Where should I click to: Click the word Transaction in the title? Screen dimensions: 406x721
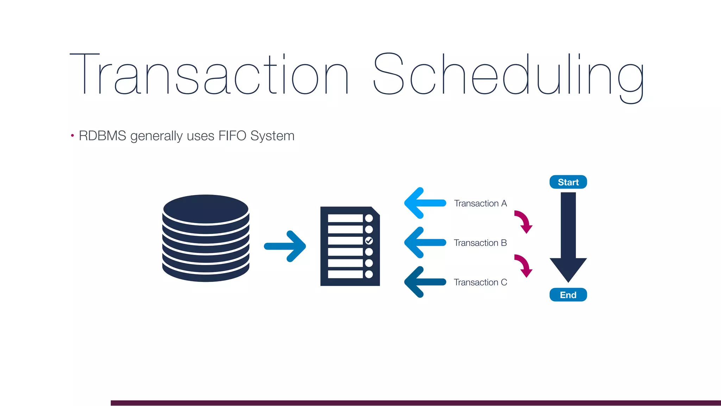click(x=209, y=74)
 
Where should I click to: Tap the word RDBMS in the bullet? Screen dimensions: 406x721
click(x=102, y=136)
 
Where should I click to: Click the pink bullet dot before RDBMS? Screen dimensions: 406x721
click(x=72, y=135)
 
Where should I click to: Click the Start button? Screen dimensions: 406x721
click(x=568, y=182)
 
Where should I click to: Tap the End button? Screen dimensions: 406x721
click(x=568, y=295)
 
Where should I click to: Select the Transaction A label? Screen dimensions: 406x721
click(x=480, y=203)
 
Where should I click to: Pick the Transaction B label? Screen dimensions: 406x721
click(x=480, y=243)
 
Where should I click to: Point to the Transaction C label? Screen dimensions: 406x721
click(x=480, y=282)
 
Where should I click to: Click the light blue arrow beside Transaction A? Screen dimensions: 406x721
click(x=424, y=203)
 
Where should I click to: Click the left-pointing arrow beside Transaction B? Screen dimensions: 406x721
click(x=424, y=242)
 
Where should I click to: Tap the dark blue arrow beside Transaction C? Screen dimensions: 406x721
click(x=424, y=282)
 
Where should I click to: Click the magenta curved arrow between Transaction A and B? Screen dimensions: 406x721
click(x=523, y=221)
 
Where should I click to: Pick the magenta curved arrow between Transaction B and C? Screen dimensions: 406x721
click(x=523, y=265)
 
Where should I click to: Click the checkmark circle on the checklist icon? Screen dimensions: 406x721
click(x=369, y=241)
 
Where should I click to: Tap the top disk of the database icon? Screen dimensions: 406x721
click(x=206, y=209)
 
